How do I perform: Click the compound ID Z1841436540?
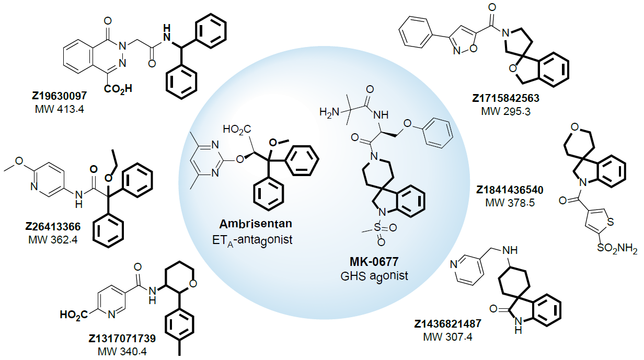coord(507,189)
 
